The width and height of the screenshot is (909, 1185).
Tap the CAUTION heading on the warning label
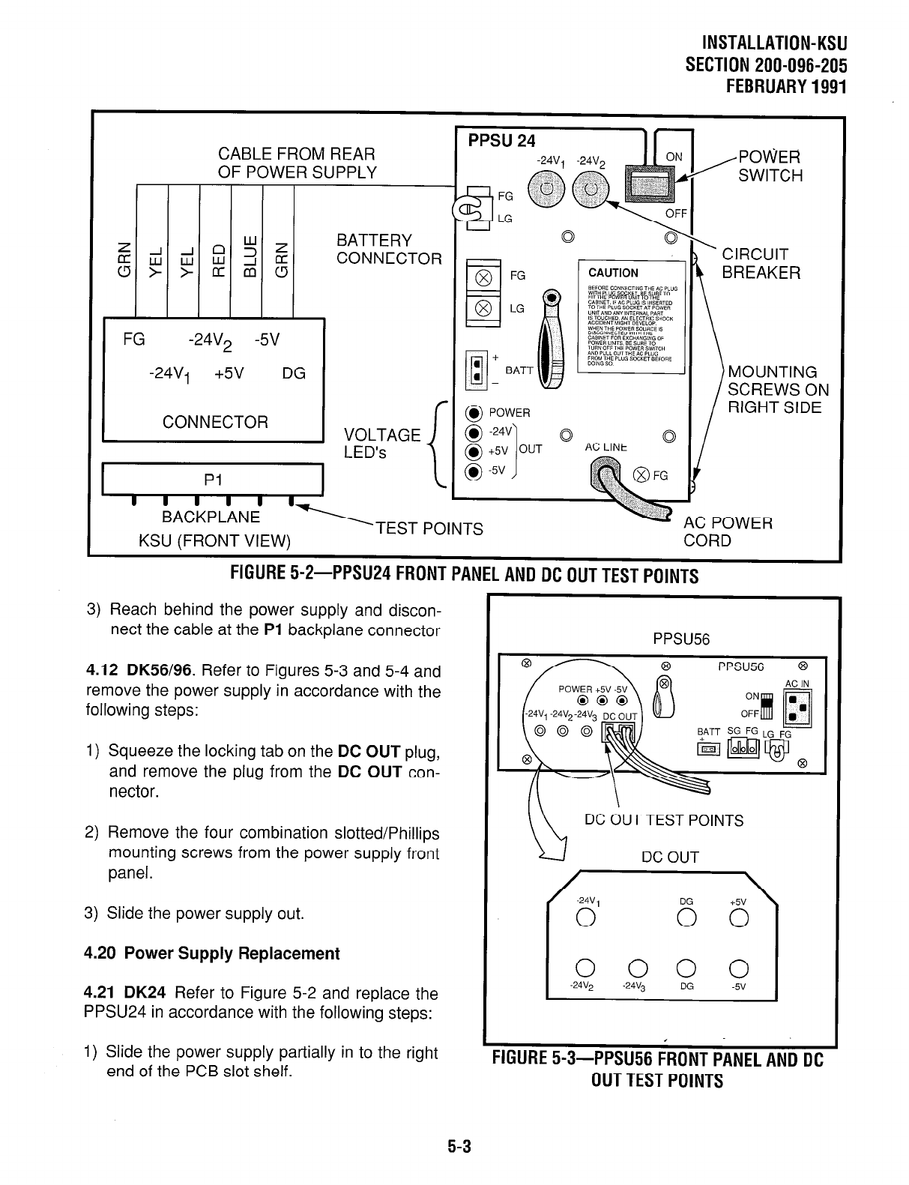[613, 273]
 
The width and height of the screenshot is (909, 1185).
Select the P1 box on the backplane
[212, 480]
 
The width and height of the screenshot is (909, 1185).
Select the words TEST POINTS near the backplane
[429, 529]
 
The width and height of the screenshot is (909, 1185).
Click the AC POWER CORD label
[728, 531]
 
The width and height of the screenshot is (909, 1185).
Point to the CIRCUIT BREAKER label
[761, 263]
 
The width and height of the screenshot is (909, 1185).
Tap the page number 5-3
[454, 1146]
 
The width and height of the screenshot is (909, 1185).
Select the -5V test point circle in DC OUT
[737, 966]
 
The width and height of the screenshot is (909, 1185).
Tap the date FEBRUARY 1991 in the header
[787, 86]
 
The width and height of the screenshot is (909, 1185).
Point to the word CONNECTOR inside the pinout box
[215, 422]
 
